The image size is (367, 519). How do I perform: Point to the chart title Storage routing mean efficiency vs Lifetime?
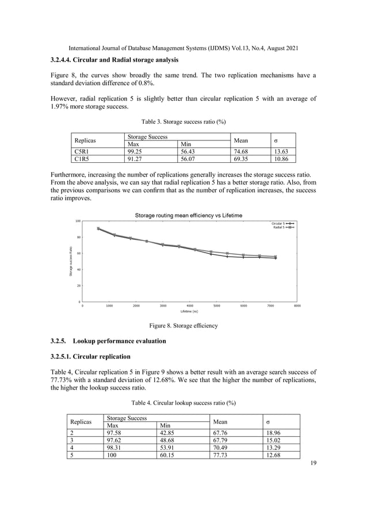(x=189, y=215)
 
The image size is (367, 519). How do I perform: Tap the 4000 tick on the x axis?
(x=190, y=307)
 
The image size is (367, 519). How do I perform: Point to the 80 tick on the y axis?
(x=78, y=237)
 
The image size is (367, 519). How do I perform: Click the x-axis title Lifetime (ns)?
(x=189, y=311)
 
